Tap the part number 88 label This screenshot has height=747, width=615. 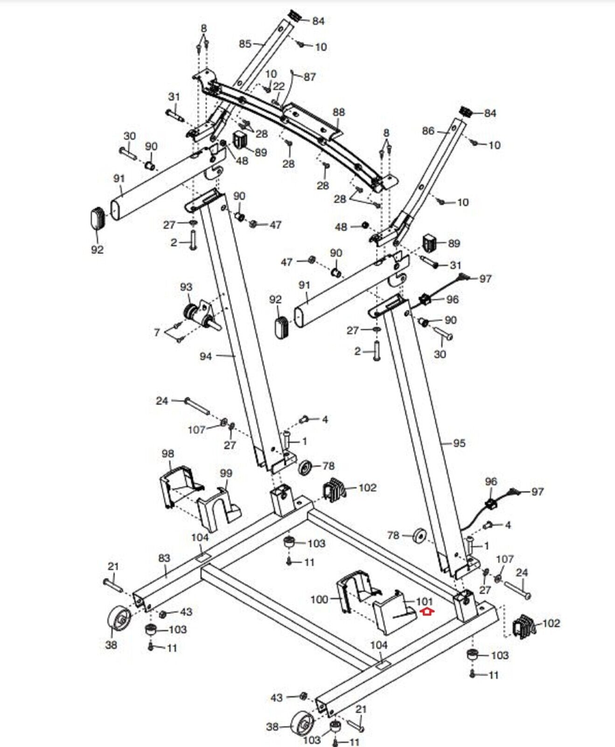pyautogui.click(x=339, y=112)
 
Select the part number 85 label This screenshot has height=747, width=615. pyautogui.click(x=245, y=44)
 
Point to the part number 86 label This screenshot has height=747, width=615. pyautogui.click(x=428, y=131)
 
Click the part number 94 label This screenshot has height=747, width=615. pyautogui.click(x=206, y=356)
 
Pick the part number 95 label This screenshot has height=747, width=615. pyautogui.click(x=459, y=443)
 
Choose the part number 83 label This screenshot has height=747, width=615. pyautogui.click(x=164, y=558)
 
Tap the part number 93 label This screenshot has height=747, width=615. pyautogui.click(x=186, y=287)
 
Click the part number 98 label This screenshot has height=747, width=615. pyautogui.click(x=168, y=453)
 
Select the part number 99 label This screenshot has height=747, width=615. pyautogui.click(x=226, y=473)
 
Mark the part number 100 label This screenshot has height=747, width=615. pyautogui.click(x=319, y=599)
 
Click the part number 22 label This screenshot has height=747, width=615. pyautogui.click(x=279, y=86)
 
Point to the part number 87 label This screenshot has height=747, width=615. pyautogui.click(x=310, y=77)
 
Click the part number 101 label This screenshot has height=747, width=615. pyautogui.click(x=424, y=601)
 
